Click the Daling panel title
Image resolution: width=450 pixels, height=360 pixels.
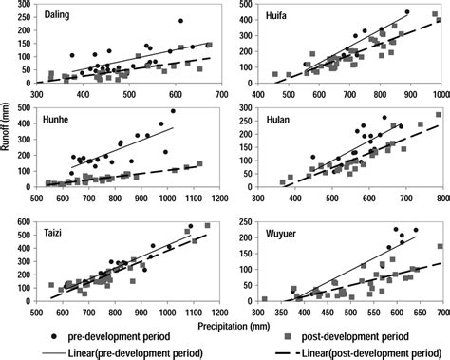[59, 16]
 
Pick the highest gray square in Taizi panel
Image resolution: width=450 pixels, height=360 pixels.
[207, 226]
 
